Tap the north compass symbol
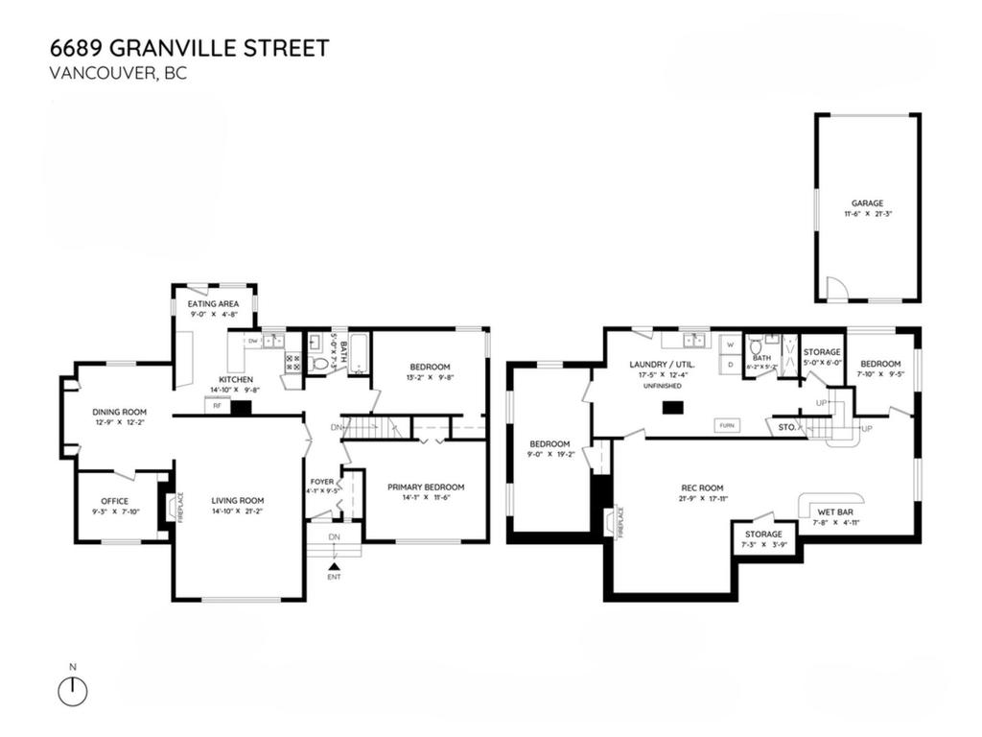pyautogui.click(x=73, y=691)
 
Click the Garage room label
pyautogui.click(x=867, y=203)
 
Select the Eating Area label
pyautogui.click(x=214, y=304)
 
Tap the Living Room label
pyautogui.click(x=238, y=500)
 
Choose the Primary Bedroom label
pyautogui.click(x=426, y=487)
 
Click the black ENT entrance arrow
pyautogui.click(x=334, y=567)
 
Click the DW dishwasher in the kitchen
pyautogui.click(x=253, y=341)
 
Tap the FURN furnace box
pyautogui.click(x=726, y=424)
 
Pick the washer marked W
pyautogui.click(x=729, y=343)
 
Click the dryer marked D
pyautogui.click(x=729, y=364)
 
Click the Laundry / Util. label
pyautogui.click(x=662, y=365)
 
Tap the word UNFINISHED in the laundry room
pyautogui.click(x=662, y=385)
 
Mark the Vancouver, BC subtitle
pyautogui.click(x=116, y=73)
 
